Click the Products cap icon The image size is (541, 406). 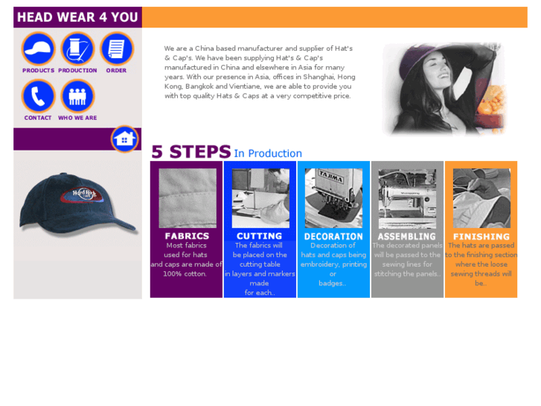pos(38,48)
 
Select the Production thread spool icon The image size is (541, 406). pos(77,48)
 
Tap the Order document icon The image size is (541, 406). pos(117,48)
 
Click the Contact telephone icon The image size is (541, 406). pos(38,96)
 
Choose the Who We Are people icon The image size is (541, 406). pos(77,96)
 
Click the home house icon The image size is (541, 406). pos(124,139)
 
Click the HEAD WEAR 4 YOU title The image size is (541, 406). pos(77,17)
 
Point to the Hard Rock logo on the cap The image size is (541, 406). pos(82,194)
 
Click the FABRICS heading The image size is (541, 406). pos(187,236)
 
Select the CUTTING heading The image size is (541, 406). pos(260,236)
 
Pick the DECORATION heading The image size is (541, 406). pos(333,236)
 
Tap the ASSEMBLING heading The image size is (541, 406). pos(407,236)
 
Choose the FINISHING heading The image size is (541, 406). pos(481,237)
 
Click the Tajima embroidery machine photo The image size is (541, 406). pos(333,198)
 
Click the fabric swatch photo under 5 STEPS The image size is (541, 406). pos(188,198)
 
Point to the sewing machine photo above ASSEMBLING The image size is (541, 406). pos(407,198)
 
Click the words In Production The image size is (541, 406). pos(268,153)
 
